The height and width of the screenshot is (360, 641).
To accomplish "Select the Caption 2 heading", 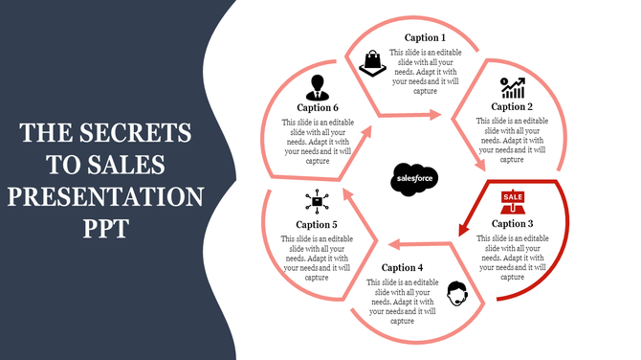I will pos(512,107).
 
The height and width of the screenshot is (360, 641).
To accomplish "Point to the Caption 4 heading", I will pos(402,267).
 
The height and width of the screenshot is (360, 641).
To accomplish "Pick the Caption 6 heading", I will pos(316,108).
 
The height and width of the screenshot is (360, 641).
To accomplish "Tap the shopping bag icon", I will pos(371,63).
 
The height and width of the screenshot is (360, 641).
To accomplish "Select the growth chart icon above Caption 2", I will pos(512,88).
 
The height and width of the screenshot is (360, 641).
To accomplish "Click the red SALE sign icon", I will pos(513,201).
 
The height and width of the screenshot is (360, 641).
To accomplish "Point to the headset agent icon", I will pos(457,292).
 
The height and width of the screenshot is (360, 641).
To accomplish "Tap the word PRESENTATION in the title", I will pos(106,198).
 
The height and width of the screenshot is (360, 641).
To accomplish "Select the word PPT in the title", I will pos(105,231).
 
